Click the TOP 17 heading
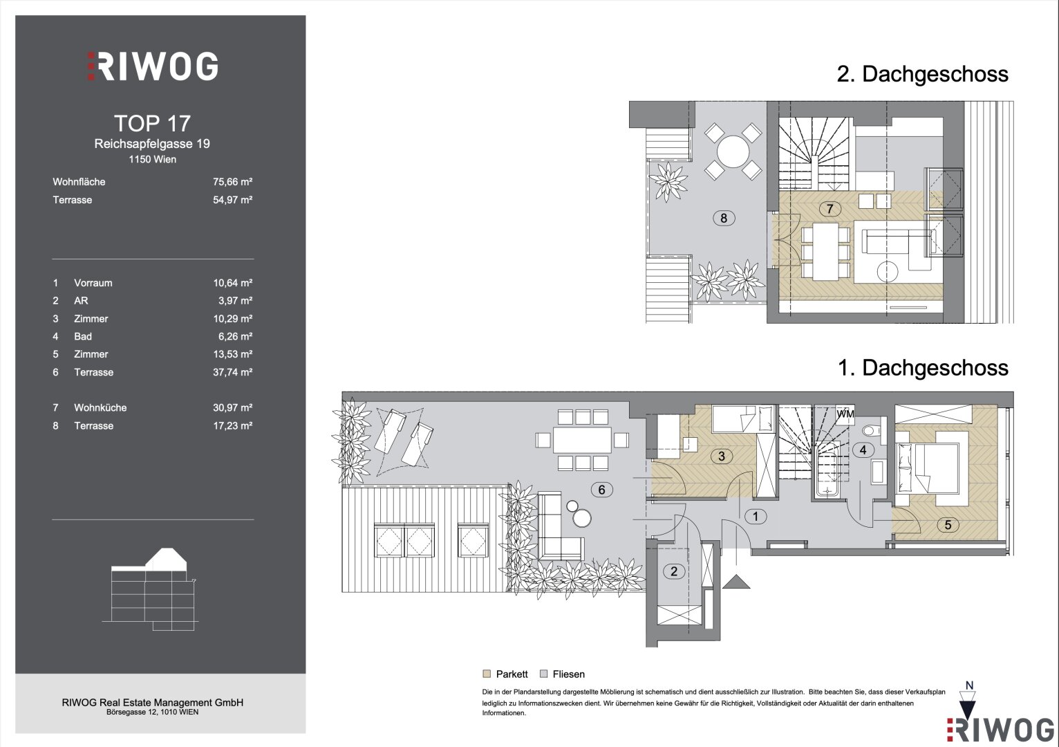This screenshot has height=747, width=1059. (152, 124)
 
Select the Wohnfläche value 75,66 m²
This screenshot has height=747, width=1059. (232, 182)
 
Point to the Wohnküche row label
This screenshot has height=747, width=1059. (100, 408)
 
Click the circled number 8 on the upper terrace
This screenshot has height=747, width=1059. (724, 218)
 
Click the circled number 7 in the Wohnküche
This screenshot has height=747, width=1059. (830, 209)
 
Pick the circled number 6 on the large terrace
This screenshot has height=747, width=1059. (602, 490)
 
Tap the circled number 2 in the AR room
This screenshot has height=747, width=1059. (674, 571)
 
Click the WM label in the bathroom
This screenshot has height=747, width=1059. (845, 414)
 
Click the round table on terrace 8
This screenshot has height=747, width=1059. (733, 151)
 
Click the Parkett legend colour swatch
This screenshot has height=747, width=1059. (487, 674)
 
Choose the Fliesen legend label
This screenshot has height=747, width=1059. (569, 674)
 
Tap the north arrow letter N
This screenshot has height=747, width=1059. (969, 685)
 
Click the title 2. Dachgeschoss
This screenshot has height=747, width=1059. (922, 74)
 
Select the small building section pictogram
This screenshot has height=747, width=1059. (150, 589)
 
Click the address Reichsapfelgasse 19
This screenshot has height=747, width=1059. (152, 144)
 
